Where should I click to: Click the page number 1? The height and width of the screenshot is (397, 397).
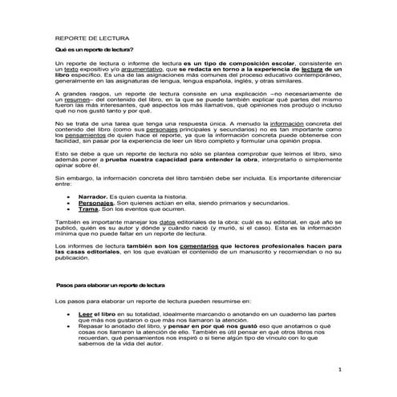pos(340,369)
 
